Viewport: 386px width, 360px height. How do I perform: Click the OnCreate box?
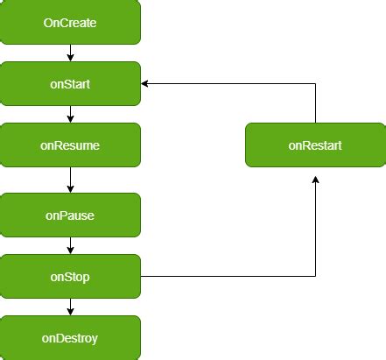(x=70, y=22)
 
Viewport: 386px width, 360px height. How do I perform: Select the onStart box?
(x=70, y=83)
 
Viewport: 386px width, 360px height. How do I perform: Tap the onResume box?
(x=70, y=145)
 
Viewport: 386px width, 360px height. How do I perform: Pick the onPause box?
(x=70, y=215)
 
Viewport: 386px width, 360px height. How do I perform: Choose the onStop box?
(x=70, y=276)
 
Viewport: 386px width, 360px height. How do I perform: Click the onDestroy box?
(x=70, y=337)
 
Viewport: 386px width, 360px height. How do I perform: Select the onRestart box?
(x=315, y=145)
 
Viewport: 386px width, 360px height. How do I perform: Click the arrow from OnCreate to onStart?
(x=70, y=53)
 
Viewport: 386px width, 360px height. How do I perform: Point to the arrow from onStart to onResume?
(x=70, y=114)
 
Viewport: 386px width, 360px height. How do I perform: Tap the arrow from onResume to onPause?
(x=70, y=180)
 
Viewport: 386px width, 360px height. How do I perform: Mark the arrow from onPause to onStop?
(x=70, y=245)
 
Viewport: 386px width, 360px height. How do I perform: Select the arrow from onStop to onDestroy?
(x=70, y=307)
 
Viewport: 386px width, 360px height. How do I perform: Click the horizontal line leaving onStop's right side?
(x=228, y=276)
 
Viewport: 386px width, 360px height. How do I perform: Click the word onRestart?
(x=315, y=145)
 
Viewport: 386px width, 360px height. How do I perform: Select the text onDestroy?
(x=70, y=338)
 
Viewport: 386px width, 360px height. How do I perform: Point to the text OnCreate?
(x=70, y=23)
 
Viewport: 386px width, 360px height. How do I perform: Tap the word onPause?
(x=70, y=215)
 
